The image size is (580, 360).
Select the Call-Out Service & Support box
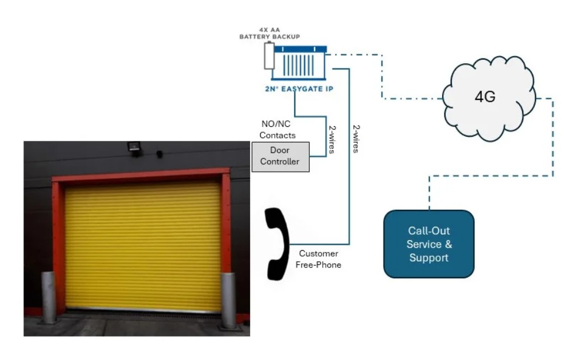429,244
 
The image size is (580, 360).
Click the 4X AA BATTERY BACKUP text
270,33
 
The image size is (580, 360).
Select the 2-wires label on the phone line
355,139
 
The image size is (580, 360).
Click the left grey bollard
48,297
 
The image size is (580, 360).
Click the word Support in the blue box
429,258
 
